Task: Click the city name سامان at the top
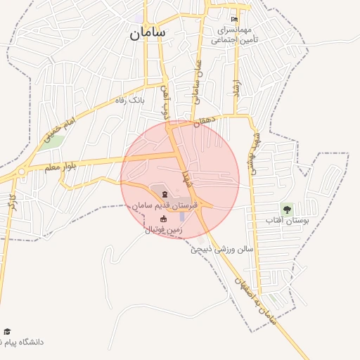click(x=147, y=33)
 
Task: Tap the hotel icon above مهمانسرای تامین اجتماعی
click(x=234, y=20)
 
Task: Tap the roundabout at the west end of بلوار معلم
click(x=22, y=172)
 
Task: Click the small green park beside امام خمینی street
click(x=54, y=140)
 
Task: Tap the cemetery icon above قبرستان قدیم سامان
click(x=165, y=194)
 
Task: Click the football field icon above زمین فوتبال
click(x=164, y=219)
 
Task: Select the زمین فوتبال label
click(x=163, y=229)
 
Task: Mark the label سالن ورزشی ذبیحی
click(x=219, y=249)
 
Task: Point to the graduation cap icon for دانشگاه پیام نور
click(x=7, y=331)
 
